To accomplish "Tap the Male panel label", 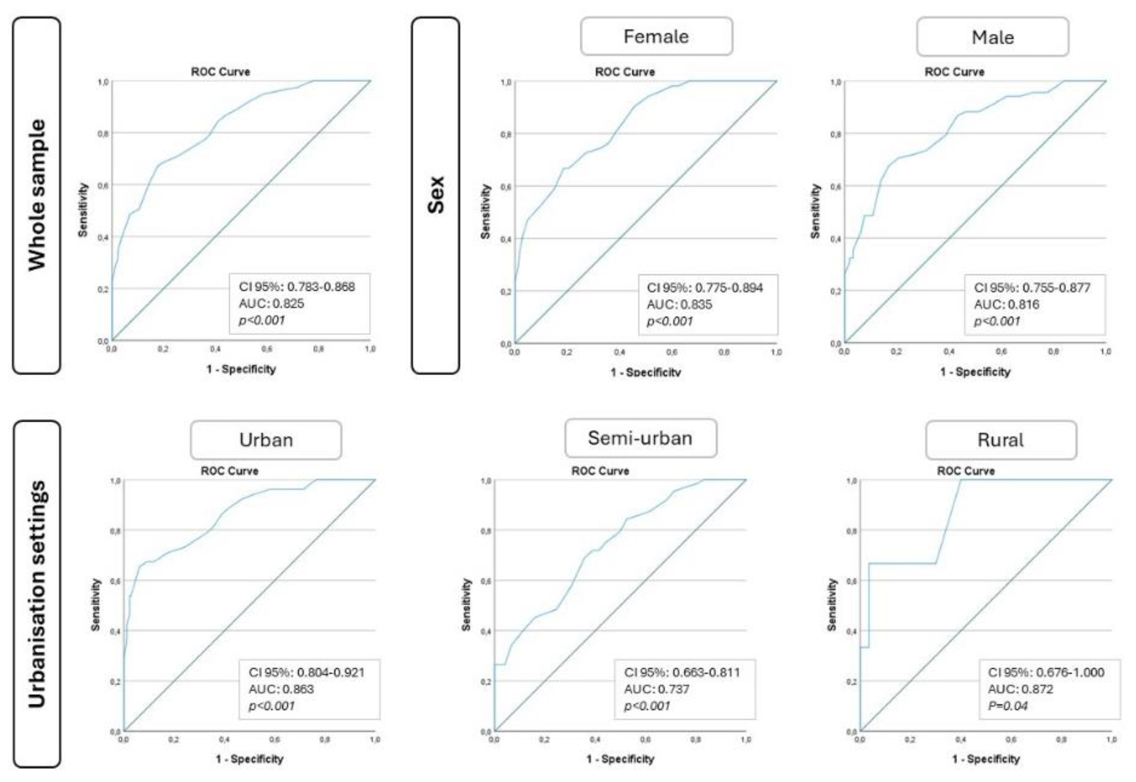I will [x=992, y=38].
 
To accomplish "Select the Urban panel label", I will [x=266, y=440].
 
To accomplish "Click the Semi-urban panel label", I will [x=640, y=438].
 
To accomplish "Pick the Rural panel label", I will [x=1000, y=440].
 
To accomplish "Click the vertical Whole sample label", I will [x=37, y=195].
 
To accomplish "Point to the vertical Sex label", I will [x=435, y=195].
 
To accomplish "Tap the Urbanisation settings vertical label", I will [x=37, y=594].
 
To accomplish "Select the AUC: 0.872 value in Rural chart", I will [x=1020, y=689].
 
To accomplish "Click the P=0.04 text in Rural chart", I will [x=1008, y=706].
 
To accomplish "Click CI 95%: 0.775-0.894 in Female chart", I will [x=705, y=288].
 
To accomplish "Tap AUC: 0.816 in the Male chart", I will [x=1006, y=305].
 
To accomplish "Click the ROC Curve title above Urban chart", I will [x=229, y=471].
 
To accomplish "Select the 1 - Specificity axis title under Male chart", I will [x=975, y=372].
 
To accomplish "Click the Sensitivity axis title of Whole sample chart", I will [x=83, y=210].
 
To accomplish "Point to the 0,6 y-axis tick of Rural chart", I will [x=851, y=581].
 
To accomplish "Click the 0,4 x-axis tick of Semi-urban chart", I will [x=595, y=739].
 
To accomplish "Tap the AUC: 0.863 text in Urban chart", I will [x=281, y=689].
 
